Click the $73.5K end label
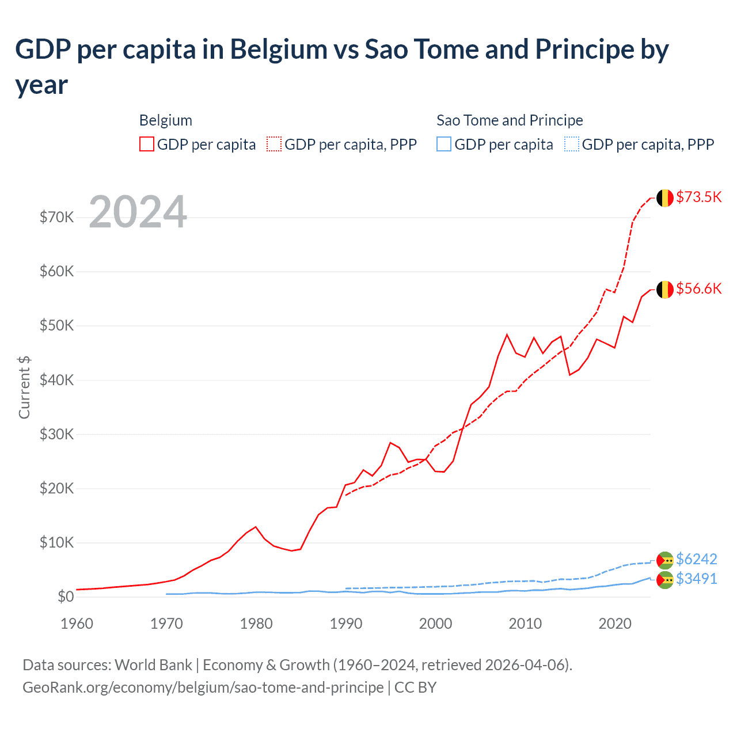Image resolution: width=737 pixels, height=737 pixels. tap(698, 197)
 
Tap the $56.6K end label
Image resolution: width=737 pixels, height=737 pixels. tap(698, 288)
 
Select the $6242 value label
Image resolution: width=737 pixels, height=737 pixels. tap(696, 559)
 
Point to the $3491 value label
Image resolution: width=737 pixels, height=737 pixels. tap(696, 579)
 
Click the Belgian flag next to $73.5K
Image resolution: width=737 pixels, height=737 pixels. tap(665, 197)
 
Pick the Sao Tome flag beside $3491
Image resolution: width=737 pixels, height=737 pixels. tap(665, 580)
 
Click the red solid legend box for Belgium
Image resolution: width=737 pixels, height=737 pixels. tap(147, 144)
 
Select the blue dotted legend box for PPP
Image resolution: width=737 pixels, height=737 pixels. tap(572, 144)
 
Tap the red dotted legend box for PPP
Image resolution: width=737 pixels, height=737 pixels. tap(274, 144)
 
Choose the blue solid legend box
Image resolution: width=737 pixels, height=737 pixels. tap(444, 144)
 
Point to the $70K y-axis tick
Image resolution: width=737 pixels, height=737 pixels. tap(57, 218)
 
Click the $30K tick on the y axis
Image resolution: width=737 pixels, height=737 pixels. tap(57, 434)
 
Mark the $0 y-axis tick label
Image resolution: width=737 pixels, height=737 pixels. tap(66, 597)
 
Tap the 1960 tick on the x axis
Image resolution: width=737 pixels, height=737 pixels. tap(77, 624)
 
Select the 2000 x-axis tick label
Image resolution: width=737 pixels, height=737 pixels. tap(435, 624)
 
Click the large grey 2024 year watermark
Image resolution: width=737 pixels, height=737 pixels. tap(138, 212)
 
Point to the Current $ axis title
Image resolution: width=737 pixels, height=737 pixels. tap(24, 387)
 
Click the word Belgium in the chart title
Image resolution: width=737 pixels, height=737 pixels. tap(279, 50)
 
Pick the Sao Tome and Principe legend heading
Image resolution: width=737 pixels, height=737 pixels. tap(510, 120)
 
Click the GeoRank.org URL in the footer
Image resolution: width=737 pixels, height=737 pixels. tap(203, 687)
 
